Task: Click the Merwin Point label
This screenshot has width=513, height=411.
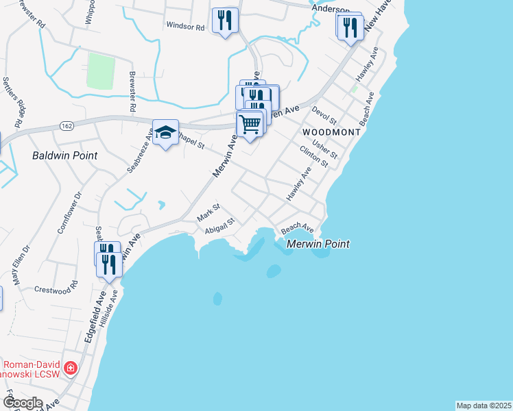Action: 318,244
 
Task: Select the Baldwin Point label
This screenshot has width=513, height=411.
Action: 64,155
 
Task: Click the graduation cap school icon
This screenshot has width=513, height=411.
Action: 165,133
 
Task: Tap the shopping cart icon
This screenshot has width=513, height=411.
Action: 250,124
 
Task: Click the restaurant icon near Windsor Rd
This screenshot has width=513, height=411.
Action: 225,21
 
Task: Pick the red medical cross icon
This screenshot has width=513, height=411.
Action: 70,369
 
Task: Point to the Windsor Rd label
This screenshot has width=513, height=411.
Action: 185,27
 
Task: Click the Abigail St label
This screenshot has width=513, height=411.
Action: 220,225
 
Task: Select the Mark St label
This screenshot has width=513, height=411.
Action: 207,212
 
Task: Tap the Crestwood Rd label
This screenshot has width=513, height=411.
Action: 55,288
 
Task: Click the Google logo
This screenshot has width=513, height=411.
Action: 23,402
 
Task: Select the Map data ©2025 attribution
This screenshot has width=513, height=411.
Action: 484,406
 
